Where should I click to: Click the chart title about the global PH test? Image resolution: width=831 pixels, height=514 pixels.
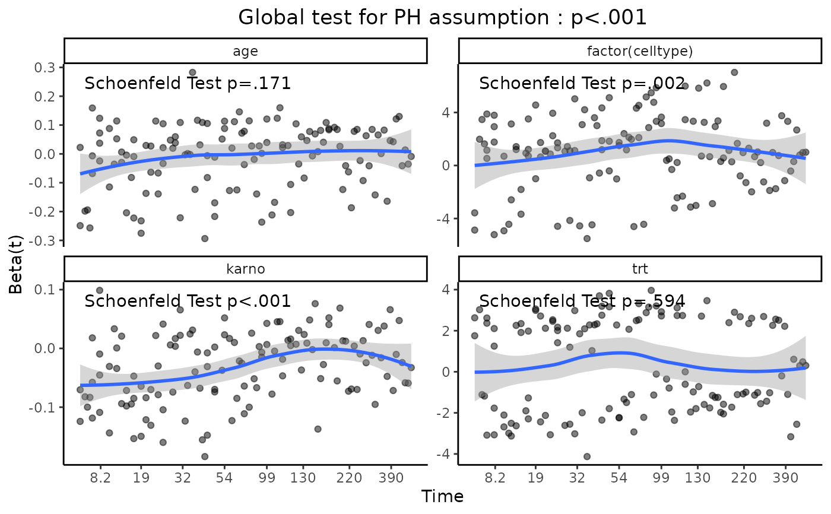pos(442,18)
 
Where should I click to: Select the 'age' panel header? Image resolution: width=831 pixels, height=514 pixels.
pos(245,51)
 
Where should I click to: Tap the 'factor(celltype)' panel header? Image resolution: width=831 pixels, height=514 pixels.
pos(640,51)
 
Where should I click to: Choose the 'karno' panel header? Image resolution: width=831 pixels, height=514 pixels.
pos(245,269)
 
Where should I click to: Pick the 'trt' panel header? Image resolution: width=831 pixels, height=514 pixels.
pos(640,269)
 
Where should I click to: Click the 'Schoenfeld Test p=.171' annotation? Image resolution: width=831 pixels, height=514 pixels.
pos(188,83)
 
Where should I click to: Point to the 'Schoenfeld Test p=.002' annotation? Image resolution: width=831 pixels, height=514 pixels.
pos(582,83)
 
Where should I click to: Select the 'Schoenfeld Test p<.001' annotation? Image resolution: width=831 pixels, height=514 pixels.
pos(188,301)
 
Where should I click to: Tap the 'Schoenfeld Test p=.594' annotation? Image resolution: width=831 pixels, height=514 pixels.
pos(582,301)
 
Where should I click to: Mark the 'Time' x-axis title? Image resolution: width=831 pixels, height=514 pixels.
pos(442,496)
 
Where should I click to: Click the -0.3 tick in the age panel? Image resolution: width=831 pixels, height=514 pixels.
pos(43,240)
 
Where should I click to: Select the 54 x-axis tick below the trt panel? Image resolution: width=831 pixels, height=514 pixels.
pos(619,476)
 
